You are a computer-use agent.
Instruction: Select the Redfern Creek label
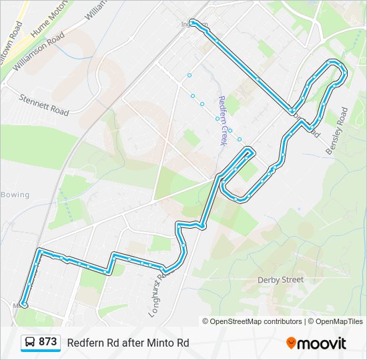[x=222, y=120]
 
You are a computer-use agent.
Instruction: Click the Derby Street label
[x=280, y=280]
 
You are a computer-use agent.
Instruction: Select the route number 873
[x=47, y=342]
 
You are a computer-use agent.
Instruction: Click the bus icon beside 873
[x=30, y=343]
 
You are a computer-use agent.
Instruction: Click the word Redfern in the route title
[x=84, y=343]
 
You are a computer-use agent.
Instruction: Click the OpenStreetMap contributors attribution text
[x=254, y=321]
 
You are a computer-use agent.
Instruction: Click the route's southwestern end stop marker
[x=23, y=304]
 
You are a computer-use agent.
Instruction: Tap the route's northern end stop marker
[x=193, y=23]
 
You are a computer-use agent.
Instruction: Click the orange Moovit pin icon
[x=291, y=343]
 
